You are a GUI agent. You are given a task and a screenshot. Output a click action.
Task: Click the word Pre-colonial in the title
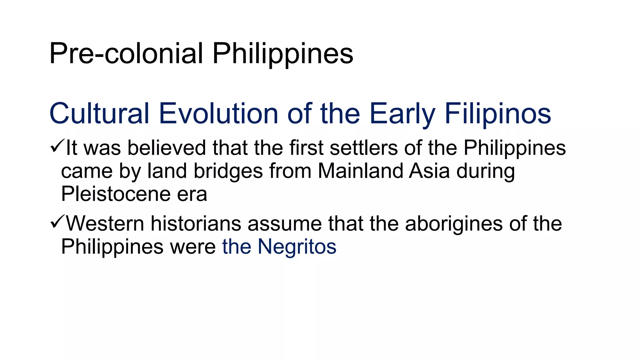[126, 54]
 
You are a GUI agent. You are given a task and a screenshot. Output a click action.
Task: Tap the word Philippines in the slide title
[282, 54]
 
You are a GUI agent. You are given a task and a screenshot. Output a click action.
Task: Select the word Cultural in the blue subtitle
[99, 113]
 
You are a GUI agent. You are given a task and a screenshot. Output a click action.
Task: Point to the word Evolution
[218, 113]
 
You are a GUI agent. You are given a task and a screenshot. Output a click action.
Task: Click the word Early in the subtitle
[402, 113]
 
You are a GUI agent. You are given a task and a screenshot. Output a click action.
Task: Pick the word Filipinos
[497, 113]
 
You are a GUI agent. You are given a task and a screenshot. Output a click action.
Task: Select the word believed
[167, 148]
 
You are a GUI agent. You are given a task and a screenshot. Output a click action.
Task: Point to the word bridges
[228, 171]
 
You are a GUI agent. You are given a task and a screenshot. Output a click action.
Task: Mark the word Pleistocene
[116, 194]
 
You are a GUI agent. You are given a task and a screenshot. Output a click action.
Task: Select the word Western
[105, 224]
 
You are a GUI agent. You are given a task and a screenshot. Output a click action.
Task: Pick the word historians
[196, 224]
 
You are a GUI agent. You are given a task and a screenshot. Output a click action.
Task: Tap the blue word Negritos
[297, 247]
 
